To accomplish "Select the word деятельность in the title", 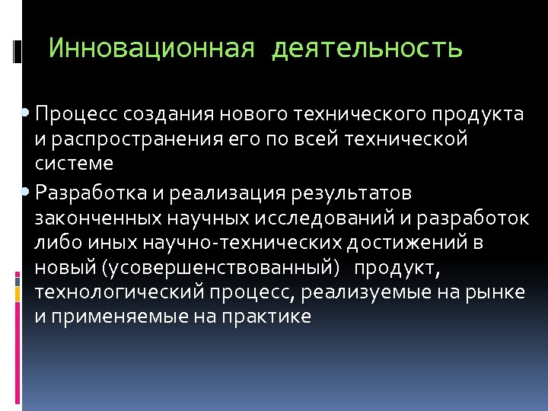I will coord(367,49).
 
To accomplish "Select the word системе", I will coord(74,164).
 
